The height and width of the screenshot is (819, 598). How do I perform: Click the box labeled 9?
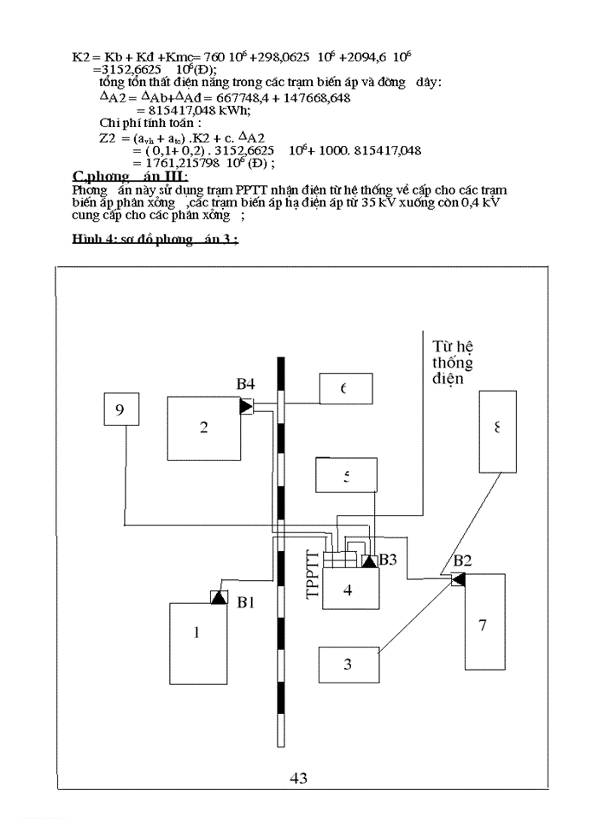(120, 409)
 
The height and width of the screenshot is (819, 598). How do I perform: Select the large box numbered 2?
(203, 427)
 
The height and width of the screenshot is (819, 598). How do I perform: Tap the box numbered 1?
(198, 632)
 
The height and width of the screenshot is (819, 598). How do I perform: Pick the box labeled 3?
(348, 665)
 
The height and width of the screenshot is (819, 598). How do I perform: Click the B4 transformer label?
(246, 385)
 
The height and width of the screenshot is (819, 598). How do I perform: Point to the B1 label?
(246, 602)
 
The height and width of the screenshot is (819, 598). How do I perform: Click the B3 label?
(388, 560)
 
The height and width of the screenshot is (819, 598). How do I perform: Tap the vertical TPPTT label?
(313, 578)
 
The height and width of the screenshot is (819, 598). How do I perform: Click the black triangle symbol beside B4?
(247, 406)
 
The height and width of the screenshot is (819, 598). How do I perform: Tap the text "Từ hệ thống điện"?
(452, 362)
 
